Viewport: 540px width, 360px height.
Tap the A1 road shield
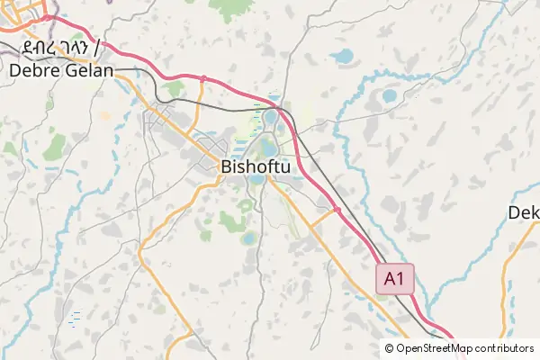click(394, 279)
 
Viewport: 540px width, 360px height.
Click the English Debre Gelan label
click(61, 69)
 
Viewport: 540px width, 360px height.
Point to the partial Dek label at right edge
click(524, 213)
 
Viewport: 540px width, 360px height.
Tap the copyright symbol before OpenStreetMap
click(389, 348)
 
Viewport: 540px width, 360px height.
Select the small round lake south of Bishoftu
click(247, 238)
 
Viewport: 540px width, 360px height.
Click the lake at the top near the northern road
click(343, 57)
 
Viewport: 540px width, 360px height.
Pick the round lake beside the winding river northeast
click(389, 94)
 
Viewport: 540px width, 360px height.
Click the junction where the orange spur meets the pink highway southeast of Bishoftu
click(337, 211)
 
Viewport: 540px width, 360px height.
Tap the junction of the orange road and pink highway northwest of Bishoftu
click(202, 79)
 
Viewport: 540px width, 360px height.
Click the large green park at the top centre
click(232, 10)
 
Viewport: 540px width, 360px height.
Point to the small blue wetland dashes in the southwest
click(74, 317)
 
